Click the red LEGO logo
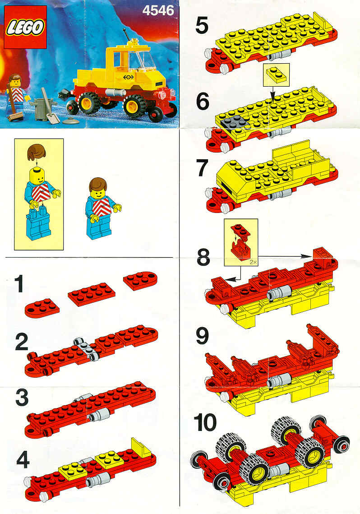[25, 27]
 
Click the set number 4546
[158, 10]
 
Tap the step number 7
[202, 168]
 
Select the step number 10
[205, 423]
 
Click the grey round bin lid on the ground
[70, 120]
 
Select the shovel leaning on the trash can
[50, 106]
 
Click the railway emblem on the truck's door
[129, 77]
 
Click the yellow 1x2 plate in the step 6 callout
[276, 74]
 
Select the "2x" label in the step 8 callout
[253, 262]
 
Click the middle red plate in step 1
[92, 294]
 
